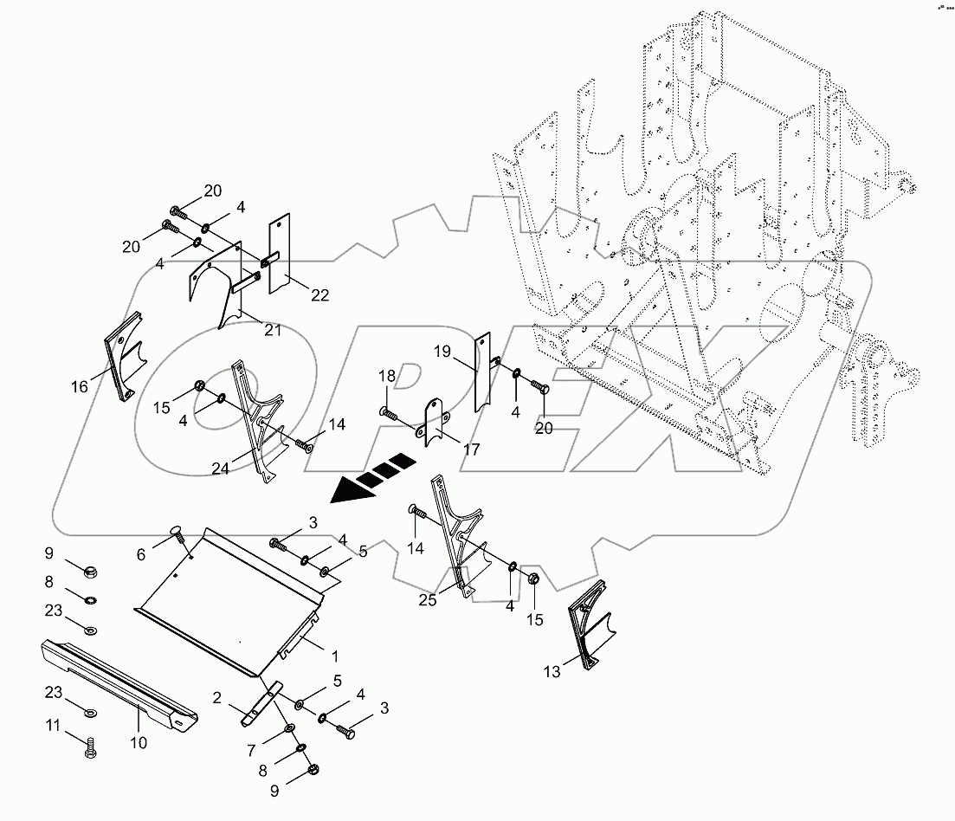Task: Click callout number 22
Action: [x=319, y=295]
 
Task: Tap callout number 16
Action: [x=79, y=387]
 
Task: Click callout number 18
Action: [x=386, y=375]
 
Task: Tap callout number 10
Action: [x=139, y=743]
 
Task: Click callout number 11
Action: [x=54, y=725]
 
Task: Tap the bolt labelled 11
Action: [x=91, y=747]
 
